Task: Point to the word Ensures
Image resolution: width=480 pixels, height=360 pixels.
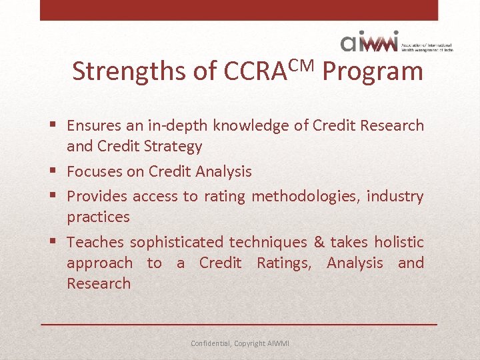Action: tap(94, 125)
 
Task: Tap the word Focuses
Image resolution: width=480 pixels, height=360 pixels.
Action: tap(96, 171)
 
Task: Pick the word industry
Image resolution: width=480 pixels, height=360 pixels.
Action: tap(395, 197)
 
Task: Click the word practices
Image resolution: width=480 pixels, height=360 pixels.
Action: tap(98, 217)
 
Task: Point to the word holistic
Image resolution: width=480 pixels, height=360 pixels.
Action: tap(398, 242)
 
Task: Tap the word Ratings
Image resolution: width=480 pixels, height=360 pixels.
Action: tap(283, 263)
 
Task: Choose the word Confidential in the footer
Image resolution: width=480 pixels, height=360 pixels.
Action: tap(210, 343)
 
